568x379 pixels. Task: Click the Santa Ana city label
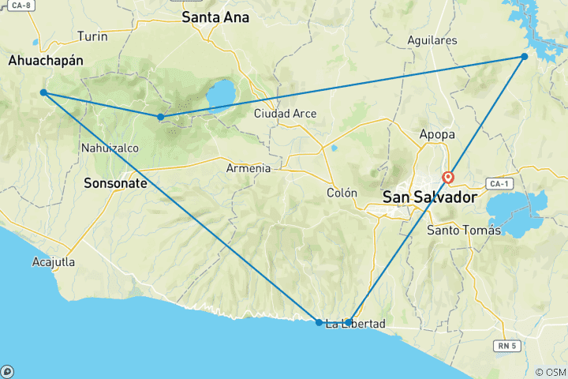click(215, 17)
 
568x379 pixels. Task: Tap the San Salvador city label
click(430, 197)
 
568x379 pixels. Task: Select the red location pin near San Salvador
click(448, 178)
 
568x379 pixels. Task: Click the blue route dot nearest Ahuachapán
click(43, 93)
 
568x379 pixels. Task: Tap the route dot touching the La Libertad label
click(349, 322)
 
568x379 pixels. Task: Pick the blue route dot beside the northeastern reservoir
click(524, 56)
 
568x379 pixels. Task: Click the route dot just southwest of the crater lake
click(161, 117)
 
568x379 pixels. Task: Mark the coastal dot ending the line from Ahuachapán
click(319, 322)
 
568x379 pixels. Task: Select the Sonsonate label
click(115, 182)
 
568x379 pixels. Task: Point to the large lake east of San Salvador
click(517, 211)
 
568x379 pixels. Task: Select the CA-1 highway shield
click(498, 183)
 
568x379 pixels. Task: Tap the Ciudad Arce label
click(285, 114)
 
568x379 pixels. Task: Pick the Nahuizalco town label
click(109, 148)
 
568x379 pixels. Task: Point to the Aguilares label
click(433, 39)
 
